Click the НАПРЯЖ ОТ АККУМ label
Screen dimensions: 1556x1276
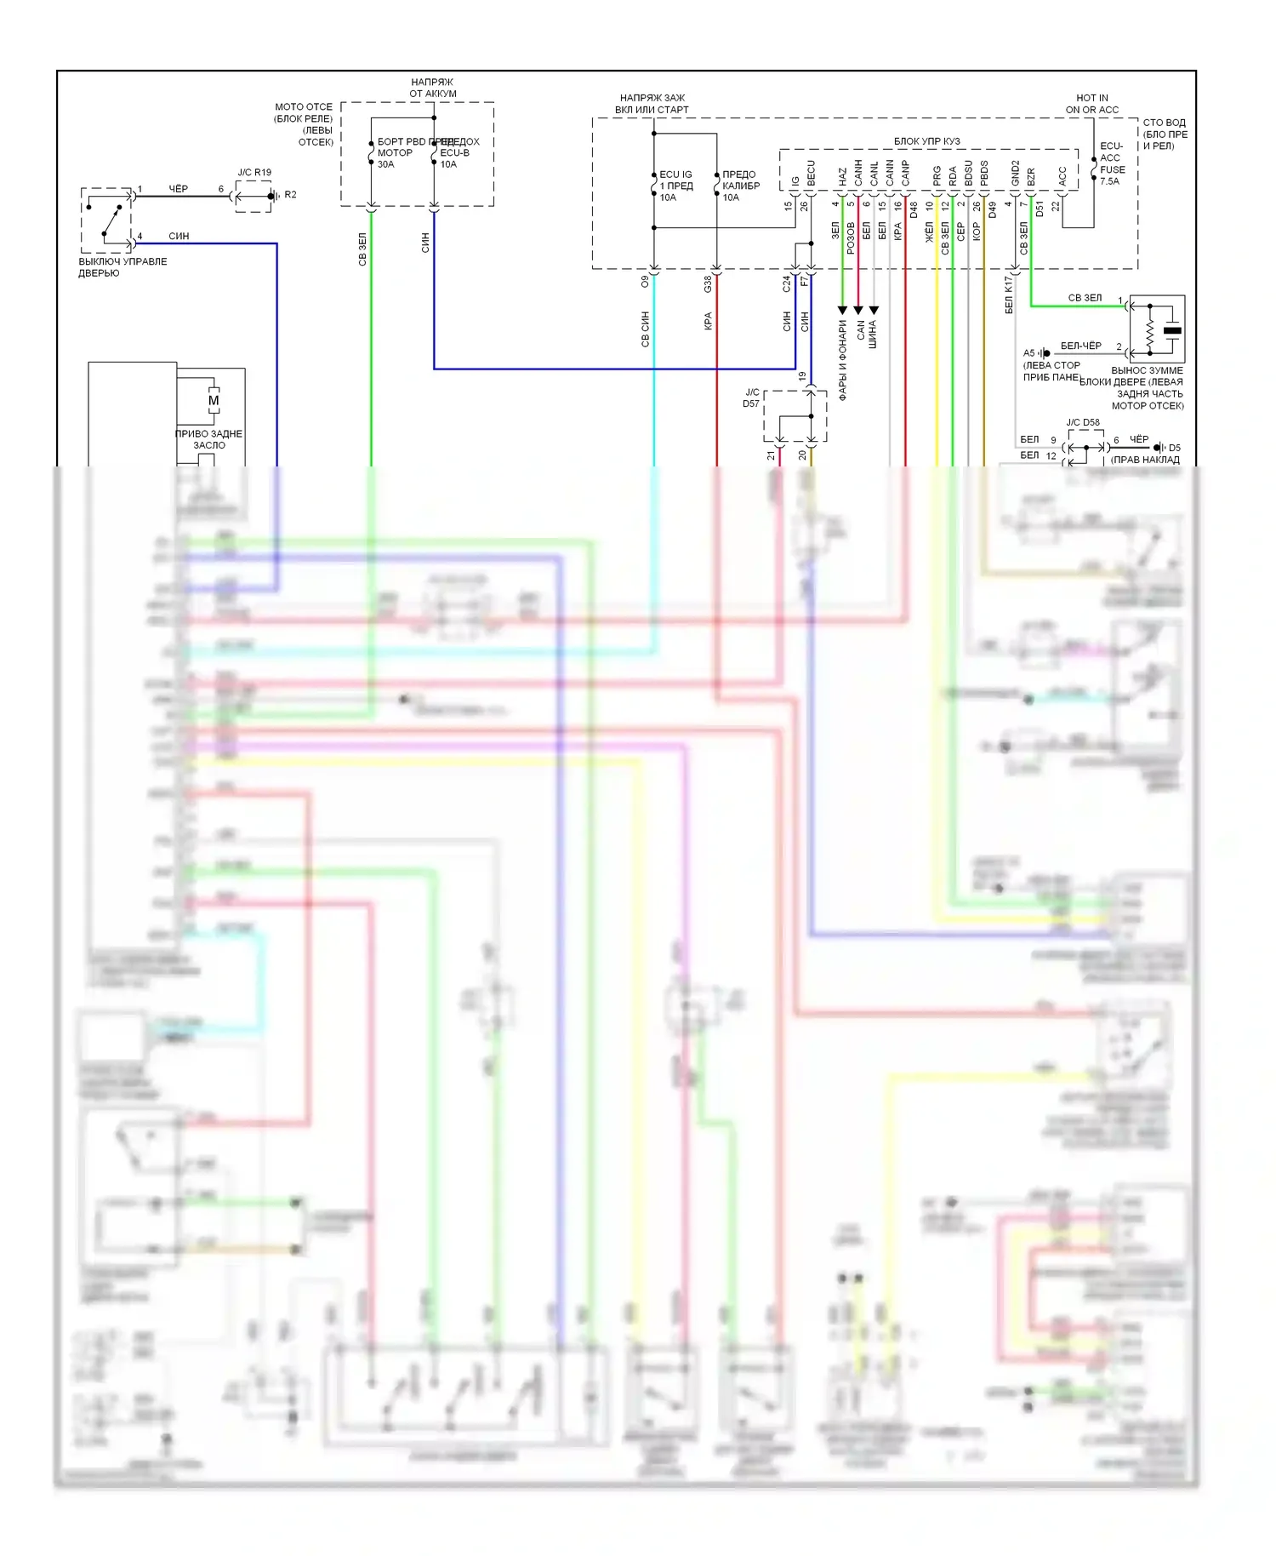click(433, 88)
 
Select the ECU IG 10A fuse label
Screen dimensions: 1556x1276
click(675, 186)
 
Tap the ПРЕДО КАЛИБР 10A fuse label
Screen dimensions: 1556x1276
click(740, 186)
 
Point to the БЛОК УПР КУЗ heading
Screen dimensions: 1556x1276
click(926, 141)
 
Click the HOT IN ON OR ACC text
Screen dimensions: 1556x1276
click(1091, 104)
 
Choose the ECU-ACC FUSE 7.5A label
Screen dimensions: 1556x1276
click(1112, 163)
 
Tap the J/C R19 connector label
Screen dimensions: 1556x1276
click(254, 172)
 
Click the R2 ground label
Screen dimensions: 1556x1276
click(290, 195)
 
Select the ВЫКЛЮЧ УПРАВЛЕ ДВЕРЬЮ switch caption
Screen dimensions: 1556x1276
click(122, 267)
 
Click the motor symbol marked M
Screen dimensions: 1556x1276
click(214, 400)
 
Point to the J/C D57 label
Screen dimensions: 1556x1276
click(751, 398)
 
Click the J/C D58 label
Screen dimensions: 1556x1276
click(1083, 422)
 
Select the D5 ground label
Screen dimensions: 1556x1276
click(1174, 448)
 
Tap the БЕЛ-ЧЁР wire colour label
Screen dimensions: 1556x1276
click(1080, 346)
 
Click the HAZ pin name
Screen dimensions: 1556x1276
click(842, 176)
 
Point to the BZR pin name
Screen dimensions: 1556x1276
click(1031, 176)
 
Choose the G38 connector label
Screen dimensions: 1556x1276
click(708, 284)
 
